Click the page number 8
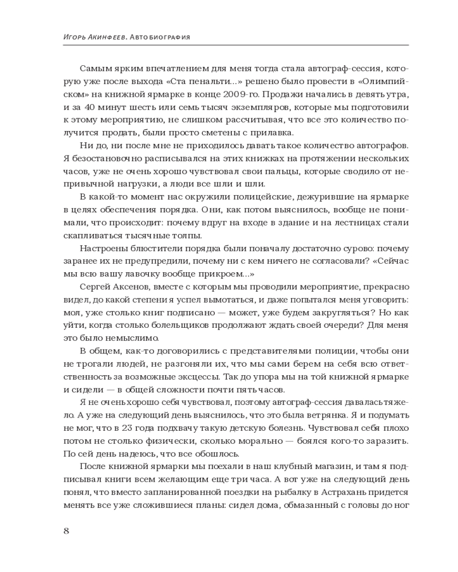66,530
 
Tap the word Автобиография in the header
160,37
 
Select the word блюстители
151,249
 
